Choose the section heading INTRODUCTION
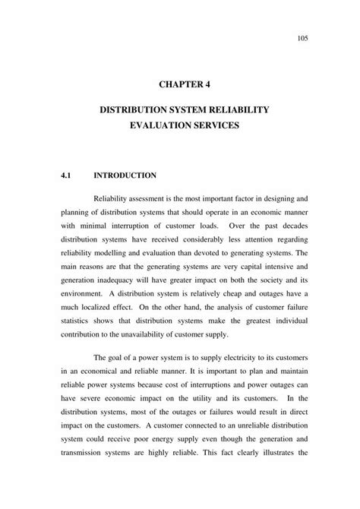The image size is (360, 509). tap(125, 175)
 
